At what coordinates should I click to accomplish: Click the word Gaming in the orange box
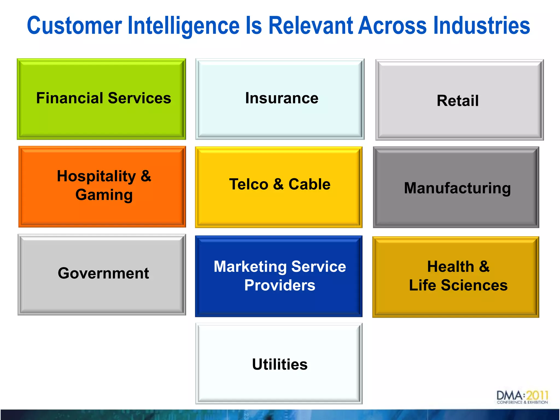[x=104, y=195]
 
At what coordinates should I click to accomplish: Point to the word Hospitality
[x=96, y=176]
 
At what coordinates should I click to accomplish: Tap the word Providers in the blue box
[x=280, y=285]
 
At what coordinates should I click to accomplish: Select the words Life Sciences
[x=458, y=285]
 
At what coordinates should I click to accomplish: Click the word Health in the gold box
[x=451, y=267]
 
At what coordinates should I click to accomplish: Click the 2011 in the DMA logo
[x=537, y=396]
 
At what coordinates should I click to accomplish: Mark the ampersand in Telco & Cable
[x=278, y=184]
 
